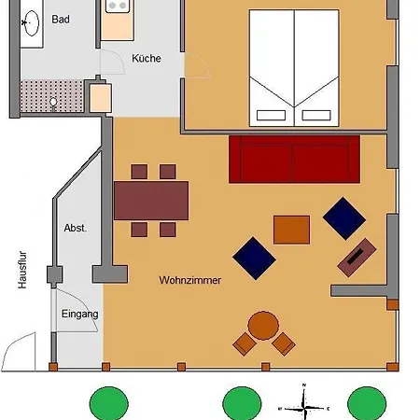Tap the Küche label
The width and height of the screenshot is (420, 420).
(x=146, y=58)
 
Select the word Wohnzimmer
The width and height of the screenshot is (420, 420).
(x=189, y=279)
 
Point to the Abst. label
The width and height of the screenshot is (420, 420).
(x=75, y=228)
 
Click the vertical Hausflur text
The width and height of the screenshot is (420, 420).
(x=22, y=271)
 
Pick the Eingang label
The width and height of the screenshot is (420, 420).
(x=80, y=315)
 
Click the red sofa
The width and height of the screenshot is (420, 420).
(x=294, y=159)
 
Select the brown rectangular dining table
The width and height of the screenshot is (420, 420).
(x=151, y=200)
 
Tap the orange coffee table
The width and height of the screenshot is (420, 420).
(x=291, y=229)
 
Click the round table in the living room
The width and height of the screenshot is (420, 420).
(x=263, y=326)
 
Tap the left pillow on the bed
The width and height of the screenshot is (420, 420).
(x=271, y=117)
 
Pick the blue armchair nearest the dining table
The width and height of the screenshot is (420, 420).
(x=254, y=258)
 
